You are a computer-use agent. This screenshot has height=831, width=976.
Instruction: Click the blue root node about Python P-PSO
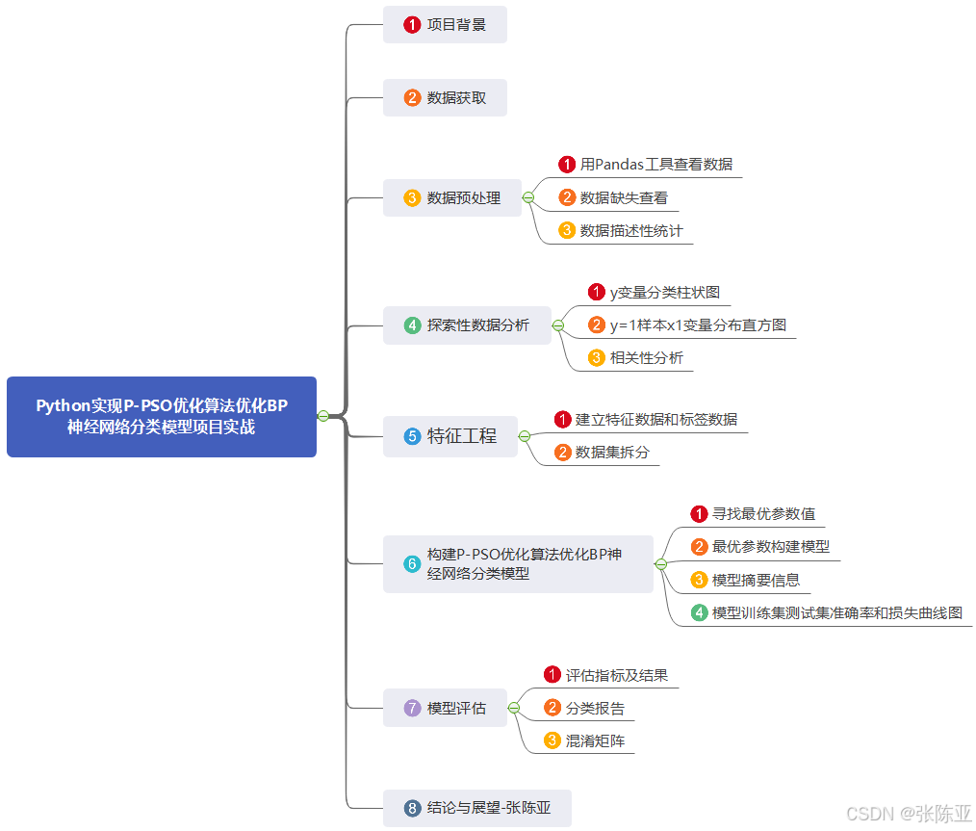162,417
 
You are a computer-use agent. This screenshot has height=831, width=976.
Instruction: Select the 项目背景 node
445,25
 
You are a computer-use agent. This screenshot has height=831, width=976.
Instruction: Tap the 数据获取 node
445,98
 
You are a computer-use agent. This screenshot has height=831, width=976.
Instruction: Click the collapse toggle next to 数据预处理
528,197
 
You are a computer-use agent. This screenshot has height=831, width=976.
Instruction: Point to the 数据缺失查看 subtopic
623,198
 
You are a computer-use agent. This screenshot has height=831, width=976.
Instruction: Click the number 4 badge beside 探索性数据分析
412,325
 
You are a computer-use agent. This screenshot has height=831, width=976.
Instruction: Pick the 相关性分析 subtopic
646,358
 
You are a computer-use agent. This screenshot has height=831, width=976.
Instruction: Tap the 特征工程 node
450,436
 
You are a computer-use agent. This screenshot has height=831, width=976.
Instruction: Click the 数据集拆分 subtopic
611,453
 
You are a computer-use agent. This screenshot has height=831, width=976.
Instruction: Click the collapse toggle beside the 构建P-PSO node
661,563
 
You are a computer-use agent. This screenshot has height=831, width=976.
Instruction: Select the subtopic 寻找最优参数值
763,514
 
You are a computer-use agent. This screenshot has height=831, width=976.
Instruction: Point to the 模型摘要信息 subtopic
756,581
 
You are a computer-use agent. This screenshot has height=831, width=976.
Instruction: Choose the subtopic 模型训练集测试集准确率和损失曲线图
836,613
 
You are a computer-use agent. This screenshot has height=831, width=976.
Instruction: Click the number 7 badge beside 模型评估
412,709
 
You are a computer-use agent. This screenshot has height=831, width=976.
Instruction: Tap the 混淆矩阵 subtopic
595,741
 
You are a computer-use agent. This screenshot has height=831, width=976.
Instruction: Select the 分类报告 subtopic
595,709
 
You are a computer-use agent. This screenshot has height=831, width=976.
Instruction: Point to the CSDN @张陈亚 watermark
909,814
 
